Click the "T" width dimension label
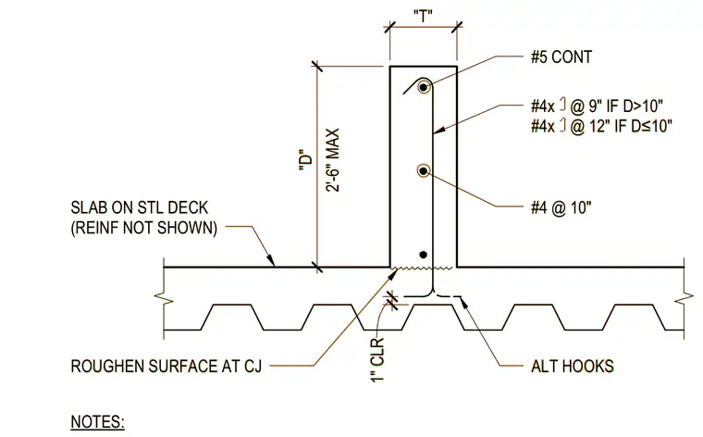coord(423,16)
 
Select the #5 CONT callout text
coord(561,57)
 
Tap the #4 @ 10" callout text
coord(561,207)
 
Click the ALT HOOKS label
coord(572,366)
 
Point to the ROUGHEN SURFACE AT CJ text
coord(166,366)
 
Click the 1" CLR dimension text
coord(378,359)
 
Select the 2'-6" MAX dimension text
coord(332,160)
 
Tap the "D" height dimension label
coord(305,160)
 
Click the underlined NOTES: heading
coord(97,422)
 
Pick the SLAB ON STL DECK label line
coord(140,207)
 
